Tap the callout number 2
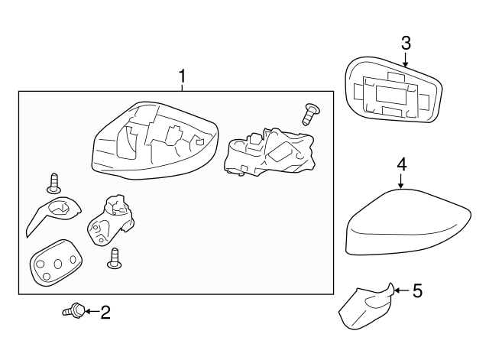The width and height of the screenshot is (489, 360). coord(105,312)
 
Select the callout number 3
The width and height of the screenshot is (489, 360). coord(406,42)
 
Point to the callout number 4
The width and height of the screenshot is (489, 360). coord(401,164)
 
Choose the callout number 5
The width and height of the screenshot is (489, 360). coord(416,290)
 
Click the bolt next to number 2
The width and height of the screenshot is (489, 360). coord(73,310)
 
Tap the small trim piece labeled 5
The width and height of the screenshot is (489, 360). coord(365,308)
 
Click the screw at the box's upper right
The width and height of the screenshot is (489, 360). coord(310,114)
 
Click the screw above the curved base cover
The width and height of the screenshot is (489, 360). coord(53,182)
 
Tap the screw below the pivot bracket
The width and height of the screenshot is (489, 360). coord(115,259)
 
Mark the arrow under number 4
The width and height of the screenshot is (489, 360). coord(401,180)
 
